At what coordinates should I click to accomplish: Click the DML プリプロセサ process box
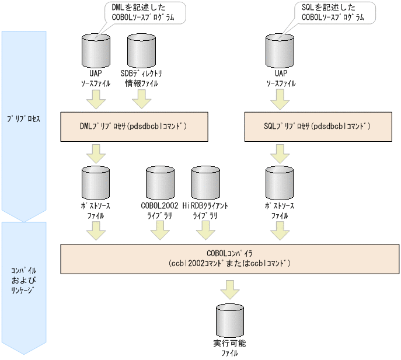(134, 127)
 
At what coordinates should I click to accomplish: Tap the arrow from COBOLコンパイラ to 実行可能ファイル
(229, 288)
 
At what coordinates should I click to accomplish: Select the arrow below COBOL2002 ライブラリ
(159, 232)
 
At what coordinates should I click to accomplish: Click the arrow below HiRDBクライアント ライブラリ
(205, 232)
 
